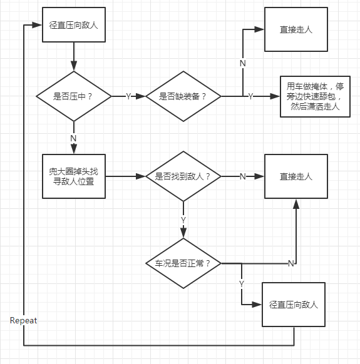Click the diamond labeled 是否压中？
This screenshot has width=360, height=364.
point(74,96)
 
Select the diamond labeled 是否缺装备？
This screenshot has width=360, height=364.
point(183,96)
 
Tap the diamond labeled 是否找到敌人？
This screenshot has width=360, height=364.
point(183,176)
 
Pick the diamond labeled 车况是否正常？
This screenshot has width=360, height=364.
point(183,263)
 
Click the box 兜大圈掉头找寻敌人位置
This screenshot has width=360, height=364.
point(74,176)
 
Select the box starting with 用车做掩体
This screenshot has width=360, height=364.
point(315,96)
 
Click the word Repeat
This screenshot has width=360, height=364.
point(23,320)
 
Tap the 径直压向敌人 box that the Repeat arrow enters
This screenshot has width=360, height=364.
point(74,24)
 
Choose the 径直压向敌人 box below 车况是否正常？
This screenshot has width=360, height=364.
point(294,305)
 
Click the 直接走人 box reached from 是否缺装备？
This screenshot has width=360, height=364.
point(296,29)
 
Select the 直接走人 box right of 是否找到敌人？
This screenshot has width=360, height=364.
point(296,176)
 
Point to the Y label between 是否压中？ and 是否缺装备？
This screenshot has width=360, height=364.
point(128,96)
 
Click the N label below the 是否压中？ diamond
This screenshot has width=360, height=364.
point(73,138)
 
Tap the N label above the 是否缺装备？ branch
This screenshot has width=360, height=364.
point(243,63)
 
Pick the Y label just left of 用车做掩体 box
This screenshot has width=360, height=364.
point(250,96)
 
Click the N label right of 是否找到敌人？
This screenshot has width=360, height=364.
point(243,176)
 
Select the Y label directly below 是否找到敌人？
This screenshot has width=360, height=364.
point(183,220)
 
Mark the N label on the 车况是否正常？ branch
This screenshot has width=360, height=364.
point(291,263)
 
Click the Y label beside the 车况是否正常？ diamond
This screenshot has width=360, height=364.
point(242,284)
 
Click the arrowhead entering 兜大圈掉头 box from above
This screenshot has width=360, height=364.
point(74,149)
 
